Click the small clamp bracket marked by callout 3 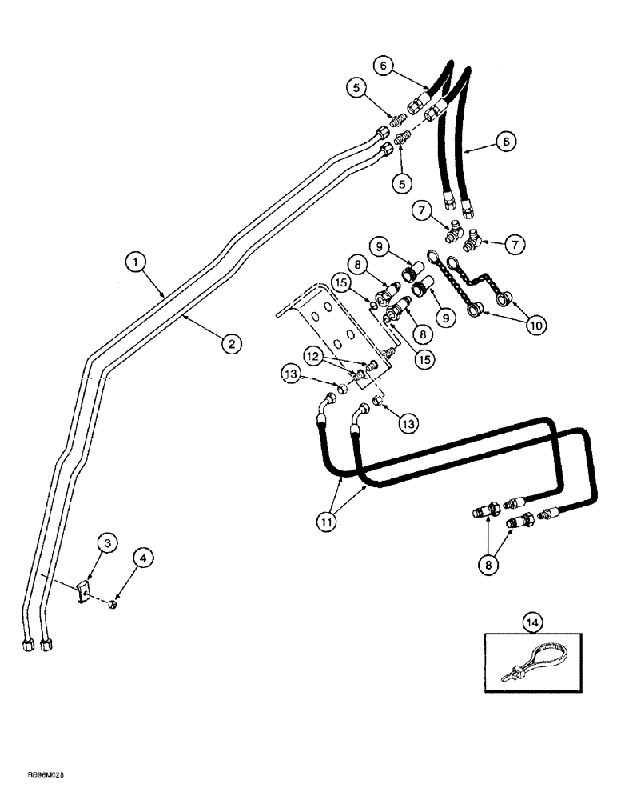coord(83,594)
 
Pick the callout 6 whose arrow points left coord(503,142)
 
